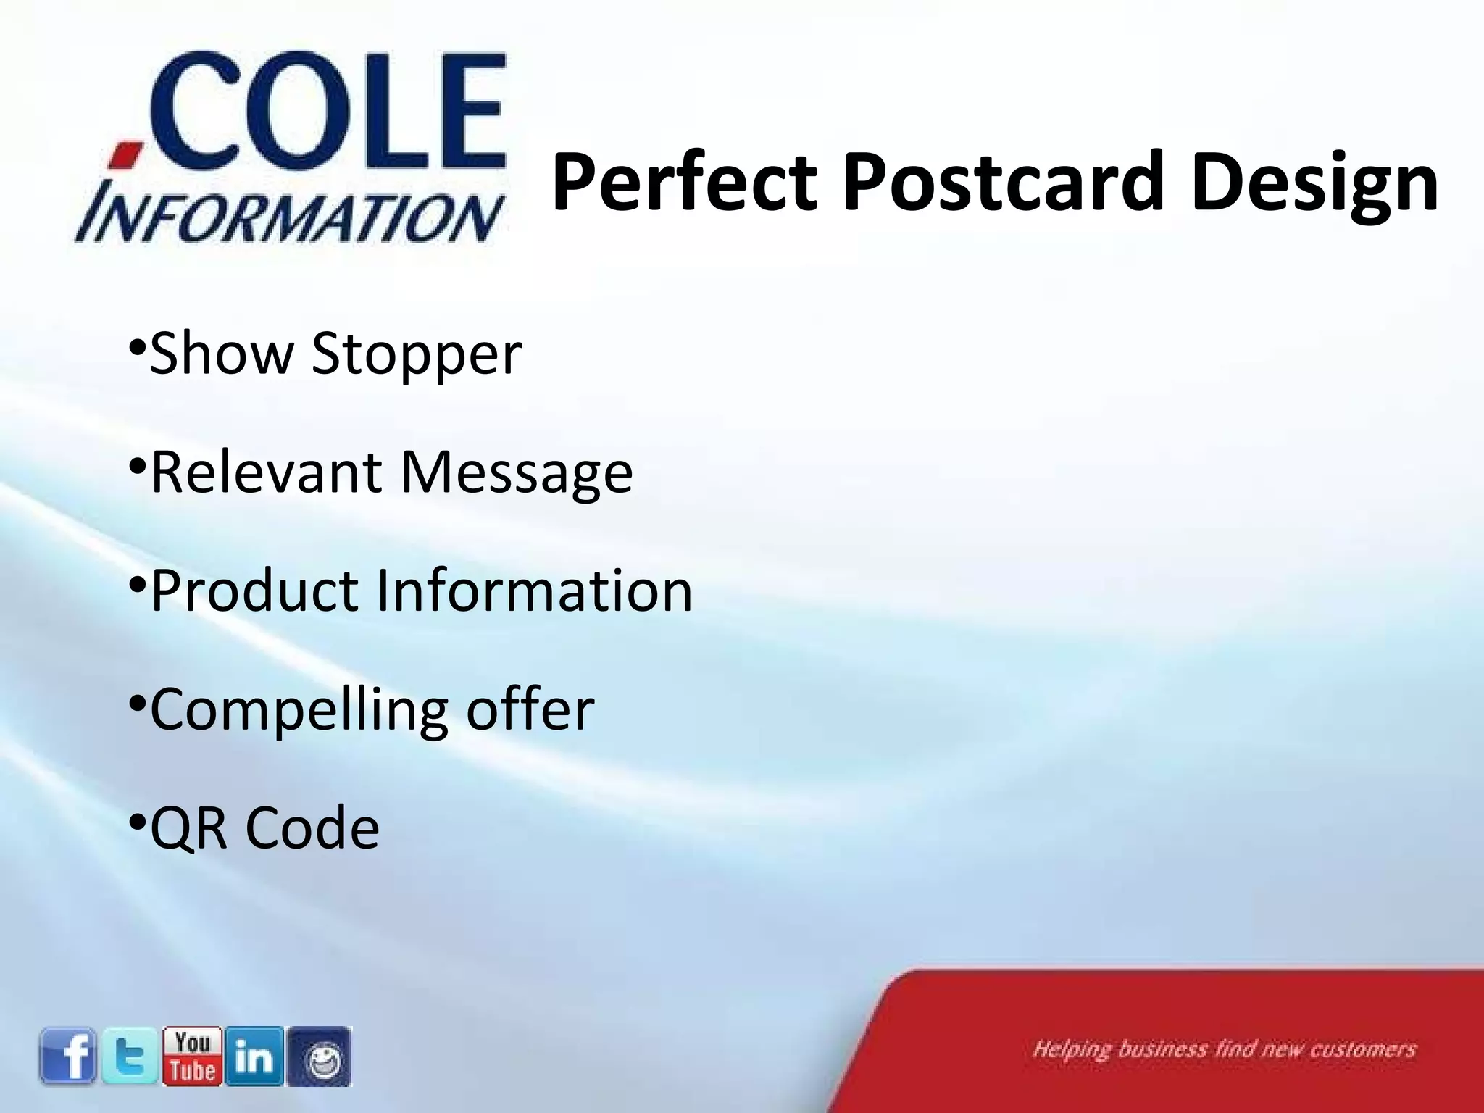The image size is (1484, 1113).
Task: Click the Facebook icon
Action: pos(68,1056)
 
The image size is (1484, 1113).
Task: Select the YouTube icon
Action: pos(193,1056)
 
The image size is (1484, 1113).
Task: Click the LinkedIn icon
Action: pos(254,1056)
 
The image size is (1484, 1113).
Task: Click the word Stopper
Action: pos(417,354)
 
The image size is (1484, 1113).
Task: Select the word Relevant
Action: pos(266,472)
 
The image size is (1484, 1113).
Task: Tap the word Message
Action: pos(517,472)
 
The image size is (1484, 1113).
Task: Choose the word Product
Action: pos(254,591)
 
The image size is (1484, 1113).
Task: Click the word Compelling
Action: pos(299,710)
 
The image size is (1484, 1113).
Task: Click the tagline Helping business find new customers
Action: pos(1224,1049)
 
